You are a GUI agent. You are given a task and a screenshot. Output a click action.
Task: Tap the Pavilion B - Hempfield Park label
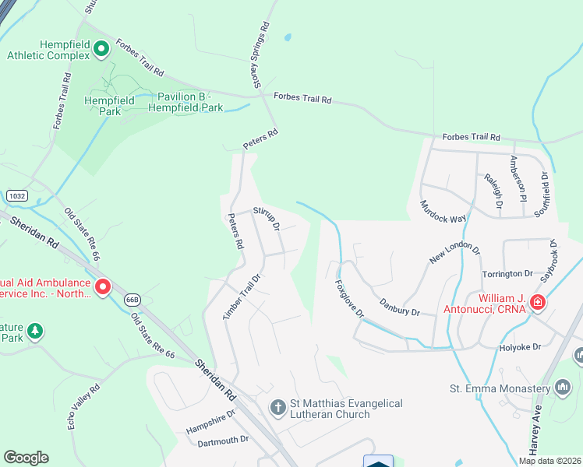[x=190, y=102]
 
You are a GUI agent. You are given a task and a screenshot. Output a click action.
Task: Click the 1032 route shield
[x=17, y=197]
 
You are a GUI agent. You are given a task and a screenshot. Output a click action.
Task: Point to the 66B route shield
[x=132, y=300]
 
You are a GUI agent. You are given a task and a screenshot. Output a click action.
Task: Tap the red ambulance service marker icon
[x=103, y=288]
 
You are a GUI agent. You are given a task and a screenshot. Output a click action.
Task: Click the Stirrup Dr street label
[x=267, y=219]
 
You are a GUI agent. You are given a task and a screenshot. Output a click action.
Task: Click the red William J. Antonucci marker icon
[x=537, y=303]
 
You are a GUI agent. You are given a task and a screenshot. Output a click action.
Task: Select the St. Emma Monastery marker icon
[x=564, y=388]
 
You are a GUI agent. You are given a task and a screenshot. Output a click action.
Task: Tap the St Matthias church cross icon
[x=277, y=407]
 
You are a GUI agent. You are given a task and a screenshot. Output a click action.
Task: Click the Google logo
[x=26, y=458]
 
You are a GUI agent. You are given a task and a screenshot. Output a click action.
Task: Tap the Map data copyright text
[x=549, y=461]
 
